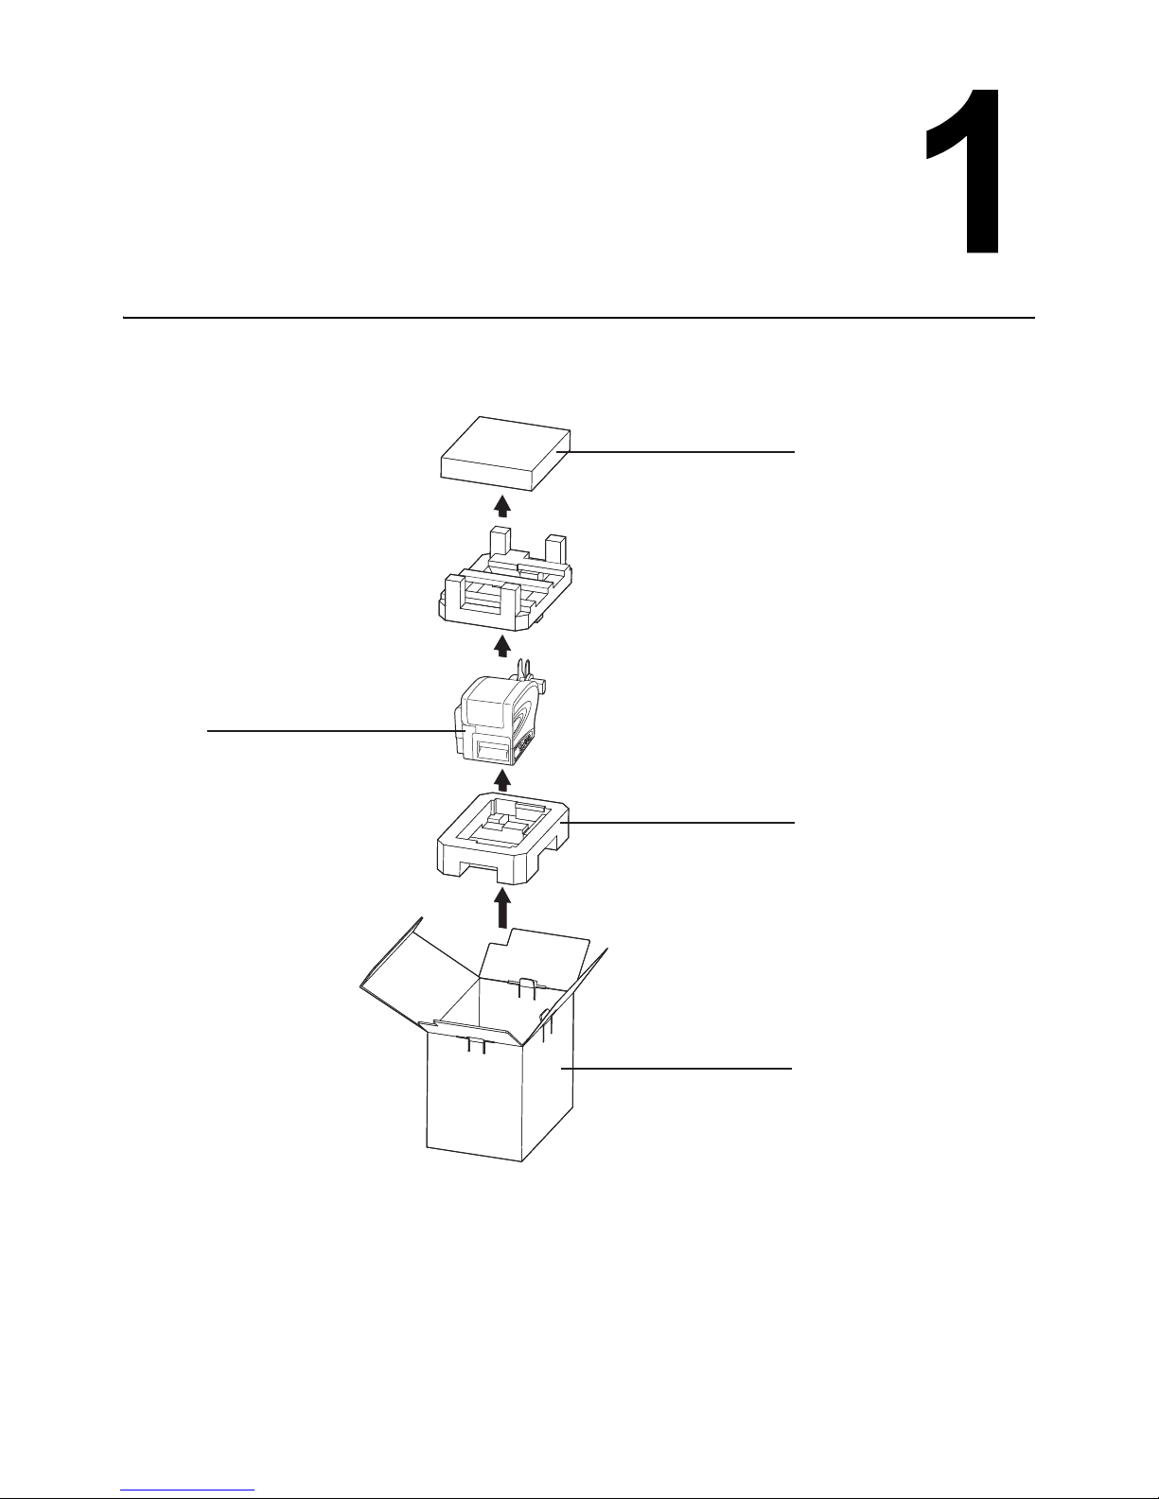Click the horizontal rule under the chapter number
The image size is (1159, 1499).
579,318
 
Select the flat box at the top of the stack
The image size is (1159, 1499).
505,453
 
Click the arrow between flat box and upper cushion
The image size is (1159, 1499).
503,505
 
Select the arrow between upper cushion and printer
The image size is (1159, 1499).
503,646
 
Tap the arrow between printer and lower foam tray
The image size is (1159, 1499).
503,780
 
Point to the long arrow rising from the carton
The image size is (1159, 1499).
504,909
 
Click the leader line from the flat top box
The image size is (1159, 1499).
676,452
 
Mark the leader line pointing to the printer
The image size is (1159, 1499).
336,730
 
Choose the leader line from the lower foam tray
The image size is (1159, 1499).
681,822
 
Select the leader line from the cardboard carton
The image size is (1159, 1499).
676,1069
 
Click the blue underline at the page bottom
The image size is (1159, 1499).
187,1490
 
